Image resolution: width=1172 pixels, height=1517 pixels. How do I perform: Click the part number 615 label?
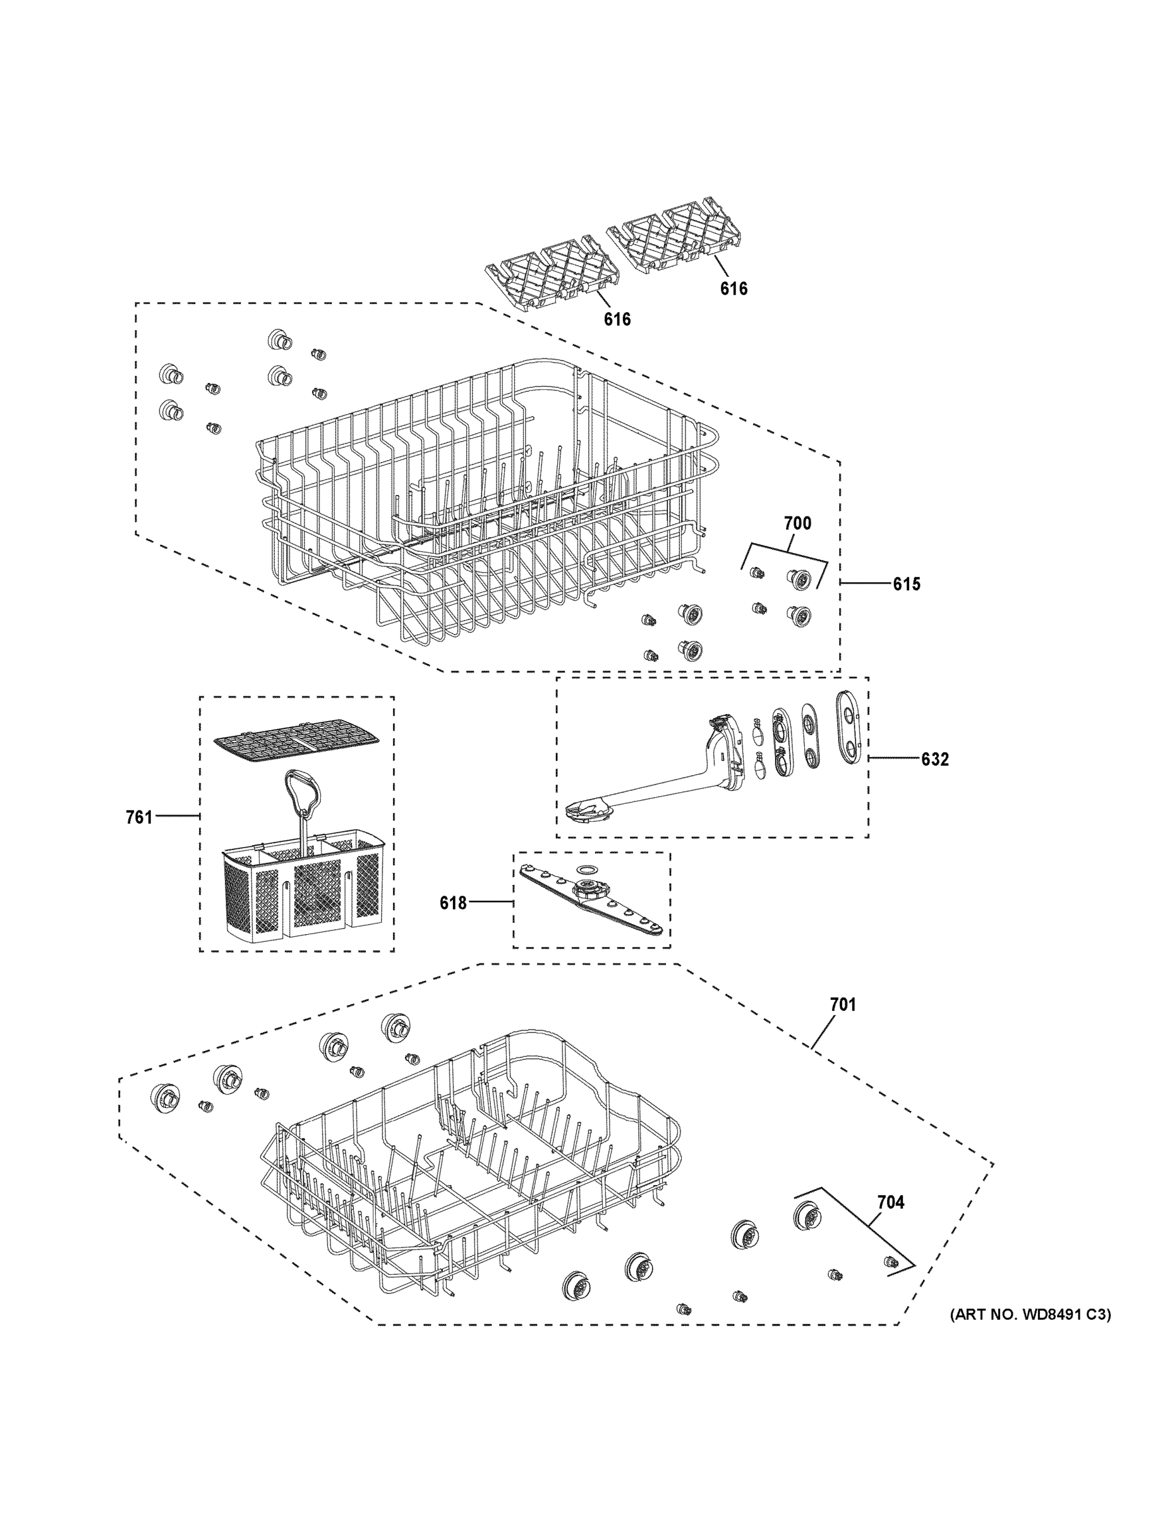coord(906,584)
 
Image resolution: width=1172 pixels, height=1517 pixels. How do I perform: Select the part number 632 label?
coord(934,759)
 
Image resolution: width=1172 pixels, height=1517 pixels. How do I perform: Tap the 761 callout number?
coord(139,817)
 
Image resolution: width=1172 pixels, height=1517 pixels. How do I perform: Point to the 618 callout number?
coord(453,903)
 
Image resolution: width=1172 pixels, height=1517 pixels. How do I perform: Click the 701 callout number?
coord(843,1004)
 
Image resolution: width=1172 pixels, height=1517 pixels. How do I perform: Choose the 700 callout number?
coord(797,523)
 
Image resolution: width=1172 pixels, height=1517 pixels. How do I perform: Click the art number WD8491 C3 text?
coord(1030,1314)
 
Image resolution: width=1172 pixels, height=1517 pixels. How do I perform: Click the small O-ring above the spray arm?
coord(588,869)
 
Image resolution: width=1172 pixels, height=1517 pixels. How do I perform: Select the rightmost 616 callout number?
coord(733,288)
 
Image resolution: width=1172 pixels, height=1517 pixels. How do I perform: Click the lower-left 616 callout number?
coord(617,319)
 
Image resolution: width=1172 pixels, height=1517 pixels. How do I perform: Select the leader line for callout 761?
coord(177,815)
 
